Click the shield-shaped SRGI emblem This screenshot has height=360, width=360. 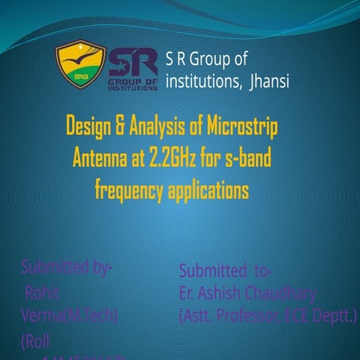(x=80, y=64)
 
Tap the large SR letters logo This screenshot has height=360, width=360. (x=133, y=65)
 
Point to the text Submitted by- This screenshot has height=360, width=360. (x=67, y=267)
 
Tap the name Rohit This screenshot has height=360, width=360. (x=42, y=292)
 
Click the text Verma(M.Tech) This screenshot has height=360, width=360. (x=69, y=316)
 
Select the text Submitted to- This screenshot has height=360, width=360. (x=226, y=270)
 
